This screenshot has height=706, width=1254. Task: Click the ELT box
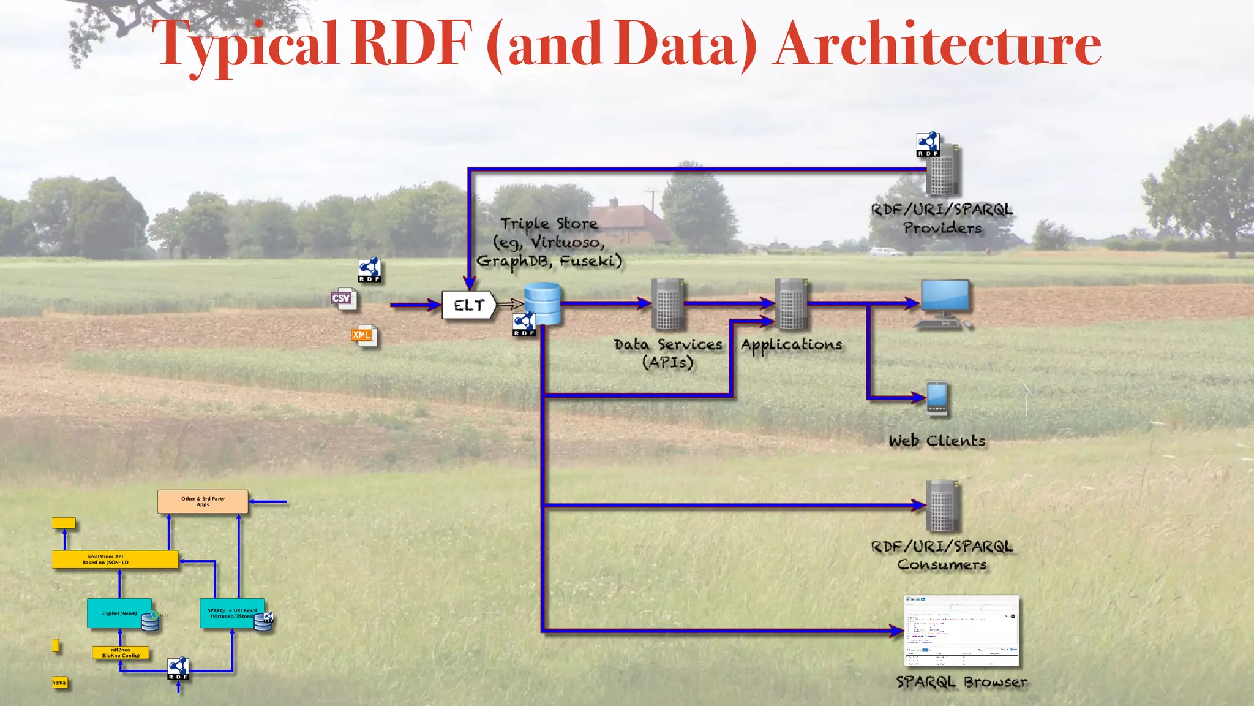[x=468, y=305]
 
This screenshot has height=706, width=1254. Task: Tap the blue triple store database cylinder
[x=543, y=303]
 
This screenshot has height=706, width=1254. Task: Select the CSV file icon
[x=343, y=299]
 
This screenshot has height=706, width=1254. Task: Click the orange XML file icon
[x=364, y=336]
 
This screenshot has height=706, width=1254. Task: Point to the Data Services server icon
[x=667, y=304]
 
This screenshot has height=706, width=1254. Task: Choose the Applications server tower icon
[x=791, y=304]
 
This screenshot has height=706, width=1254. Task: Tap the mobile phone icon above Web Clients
[x=937, y=398]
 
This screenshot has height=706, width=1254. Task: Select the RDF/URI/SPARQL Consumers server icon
[x=942, y=506]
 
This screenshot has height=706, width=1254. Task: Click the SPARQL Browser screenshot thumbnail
[x=961, y=630]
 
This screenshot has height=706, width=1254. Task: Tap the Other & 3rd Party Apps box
[x=203, y=501]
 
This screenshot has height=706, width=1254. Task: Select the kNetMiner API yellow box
[x=115, y=560]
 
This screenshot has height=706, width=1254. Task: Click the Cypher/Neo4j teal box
[x=119, y=613]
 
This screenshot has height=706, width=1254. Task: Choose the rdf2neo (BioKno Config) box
[x=121, y=653]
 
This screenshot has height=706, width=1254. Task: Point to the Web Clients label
[x=937, y=441]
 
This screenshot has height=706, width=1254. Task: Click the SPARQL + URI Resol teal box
[x=232, y=613]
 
